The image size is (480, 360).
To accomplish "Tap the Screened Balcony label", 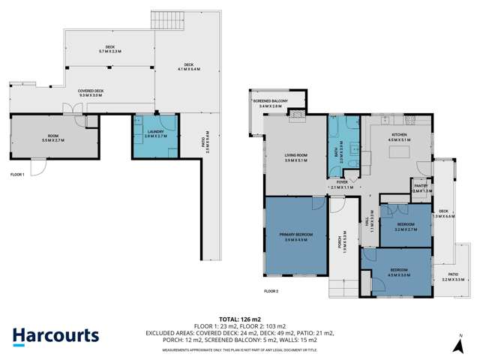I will tap(271, 102).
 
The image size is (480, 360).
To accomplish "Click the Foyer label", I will tap(342, 182).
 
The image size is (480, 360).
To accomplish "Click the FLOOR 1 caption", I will tap(17, 174).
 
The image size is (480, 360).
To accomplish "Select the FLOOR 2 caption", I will tap(271, 290).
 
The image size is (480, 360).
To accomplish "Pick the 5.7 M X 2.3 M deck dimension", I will tap(111, 52).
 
